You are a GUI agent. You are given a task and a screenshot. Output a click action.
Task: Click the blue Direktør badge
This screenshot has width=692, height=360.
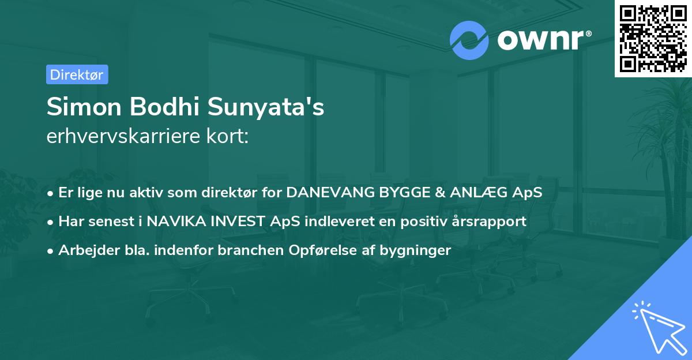pos(77,74)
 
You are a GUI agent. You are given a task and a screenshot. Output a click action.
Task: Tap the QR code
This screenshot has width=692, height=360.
pos(653,38)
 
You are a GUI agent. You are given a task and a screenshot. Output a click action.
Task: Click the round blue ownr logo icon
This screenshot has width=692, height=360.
pos(469,40)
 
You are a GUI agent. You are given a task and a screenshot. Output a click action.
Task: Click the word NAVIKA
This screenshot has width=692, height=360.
pos(172,221)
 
